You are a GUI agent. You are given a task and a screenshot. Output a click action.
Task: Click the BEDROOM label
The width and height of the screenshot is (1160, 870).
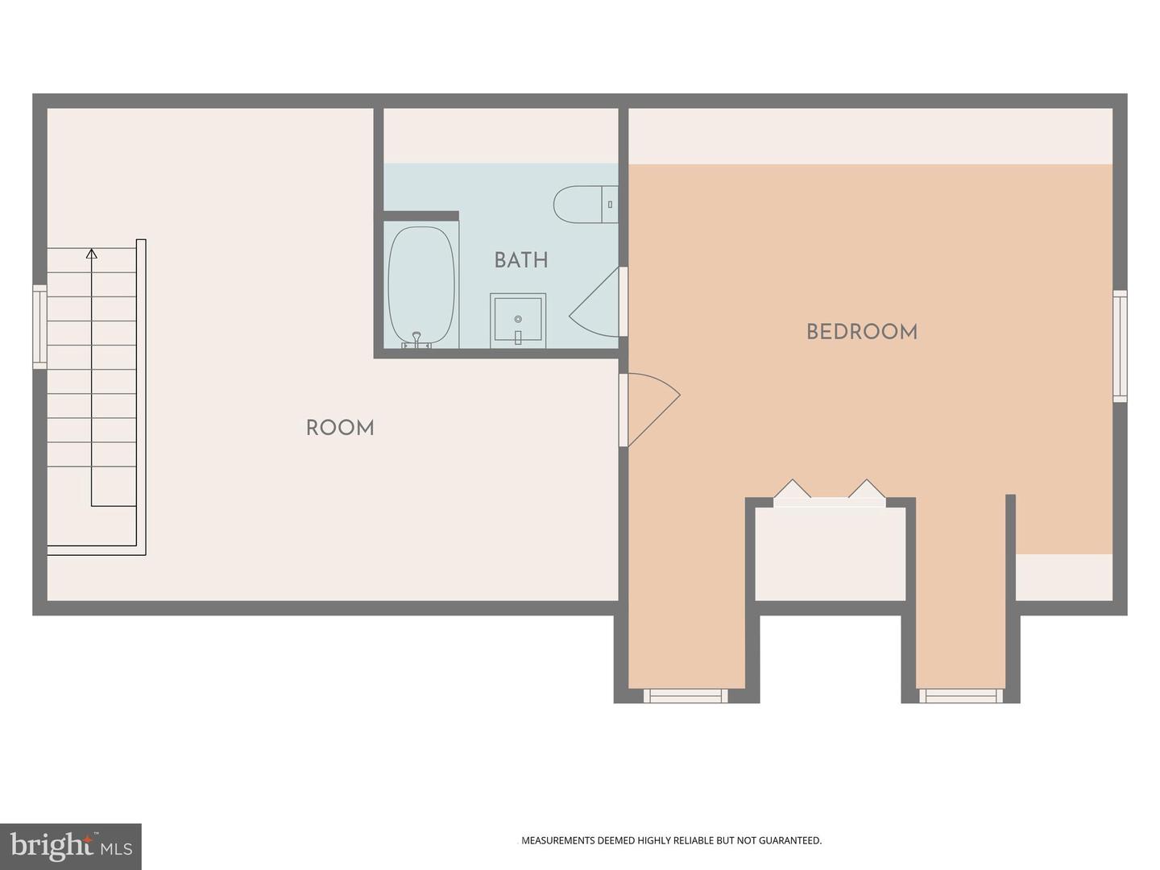coord(861,332)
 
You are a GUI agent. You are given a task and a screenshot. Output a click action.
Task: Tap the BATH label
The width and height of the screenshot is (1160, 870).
coord(520,260)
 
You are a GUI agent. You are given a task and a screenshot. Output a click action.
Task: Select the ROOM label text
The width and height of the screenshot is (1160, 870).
coord(340,428)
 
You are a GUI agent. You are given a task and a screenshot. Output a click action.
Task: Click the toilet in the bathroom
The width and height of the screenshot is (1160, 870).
coord(584,205)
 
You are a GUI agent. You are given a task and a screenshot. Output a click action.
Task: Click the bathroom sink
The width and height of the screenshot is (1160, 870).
coord(517,321)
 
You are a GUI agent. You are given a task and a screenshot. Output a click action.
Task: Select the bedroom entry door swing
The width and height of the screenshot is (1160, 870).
coord(651,407)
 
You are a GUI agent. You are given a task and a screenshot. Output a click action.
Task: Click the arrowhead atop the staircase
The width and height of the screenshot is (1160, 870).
coord(92,254)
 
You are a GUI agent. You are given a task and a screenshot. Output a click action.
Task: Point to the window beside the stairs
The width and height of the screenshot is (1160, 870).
coord(39,326)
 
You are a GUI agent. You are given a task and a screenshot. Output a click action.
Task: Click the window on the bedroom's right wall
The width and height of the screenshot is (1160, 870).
coord(1120,346)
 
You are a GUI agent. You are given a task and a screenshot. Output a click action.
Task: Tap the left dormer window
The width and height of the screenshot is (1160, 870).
coord(686,695)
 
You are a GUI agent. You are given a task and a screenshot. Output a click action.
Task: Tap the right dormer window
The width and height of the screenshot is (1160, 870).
coord(961,695)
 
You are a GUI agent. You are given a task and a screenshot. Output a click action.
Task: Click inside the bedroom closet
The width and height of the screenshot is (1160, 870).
coord(830,556)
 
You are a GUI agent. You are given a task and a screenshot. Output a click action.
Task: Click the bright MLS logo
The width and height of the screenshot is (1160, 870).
coord(71,846)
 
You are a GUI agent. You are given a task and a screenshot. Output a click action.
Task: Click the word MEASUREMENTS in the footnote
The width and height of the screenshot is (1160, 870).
coord(558,840)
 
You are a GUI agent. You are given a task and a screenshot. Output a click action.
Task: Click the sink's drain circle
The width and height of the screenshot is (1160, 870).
coord(517,319)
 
